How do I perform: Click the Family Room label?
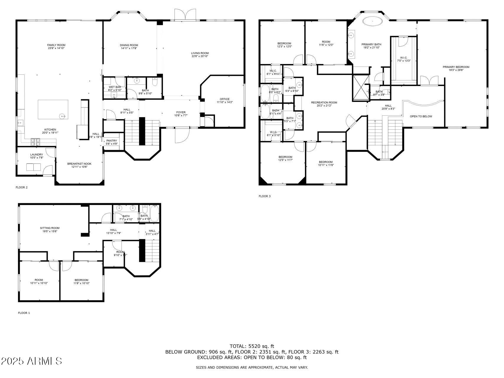coord(56,45)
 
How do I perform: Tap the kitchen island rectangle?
coord(53,109)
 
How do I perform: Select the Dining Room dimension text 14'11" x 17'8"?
coord(129,48)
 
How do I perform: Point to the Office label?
coord(224,99)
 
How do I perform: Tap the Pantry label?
coord(112,141)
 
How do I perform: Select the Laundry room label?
coord(37,155)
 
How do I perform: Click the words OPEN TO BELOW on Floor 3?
coord(421,116)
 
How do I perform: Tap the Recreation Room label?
coord(324,103)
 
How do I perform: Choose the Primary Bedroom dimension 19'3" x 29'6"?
coord(456,70)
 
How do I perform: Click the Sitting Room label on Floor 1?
coord(50,228)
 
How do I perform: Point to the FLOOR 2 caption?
coord(22,188)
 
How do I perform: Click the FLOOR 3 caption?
coord(265,196)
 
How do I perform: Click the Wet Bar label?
coord(115,87)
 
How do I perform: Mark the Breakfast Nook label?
coord(79,164)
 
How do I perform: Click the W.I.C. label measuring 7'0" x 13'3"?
coord(404,58)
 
